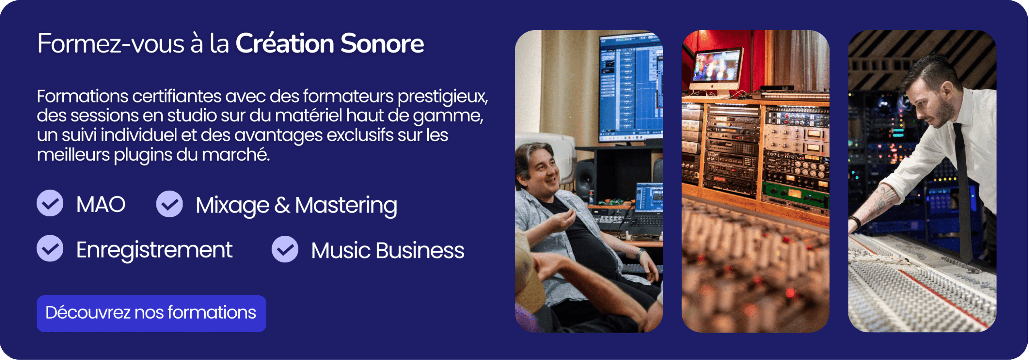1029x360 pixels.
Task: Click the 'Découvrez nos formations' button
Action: [x=151, y=313]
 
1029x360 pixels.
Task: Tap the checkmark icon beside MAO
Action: [x=50, y=203]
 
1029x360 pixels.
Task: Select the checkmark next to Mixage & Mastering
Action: [x=169, y=204]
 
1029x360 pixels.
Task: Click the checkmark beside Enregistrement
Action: [x=50, y=248]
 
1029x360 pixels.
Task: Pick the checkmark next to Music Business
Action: [x=285, y=249]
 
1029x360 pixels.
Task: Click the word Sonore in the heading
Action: [x=382, y=43]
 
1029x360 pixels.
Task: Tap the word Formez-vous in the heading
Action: [x=111, y=43]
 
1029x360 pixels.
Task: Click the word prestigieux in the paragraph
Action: [x=443, y=97]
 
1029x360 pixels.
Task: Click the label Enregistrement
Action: [x=154, y=250]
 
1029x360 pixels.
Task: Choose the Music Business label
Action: [x=387, y=251]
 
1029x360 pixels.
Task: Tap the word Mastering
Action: [x=346, y=206]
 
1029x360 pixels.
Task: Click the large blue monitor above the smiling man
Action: [x=630, y=86]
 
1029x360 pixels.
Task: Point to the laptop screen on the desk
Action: [x=649, y=197]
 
